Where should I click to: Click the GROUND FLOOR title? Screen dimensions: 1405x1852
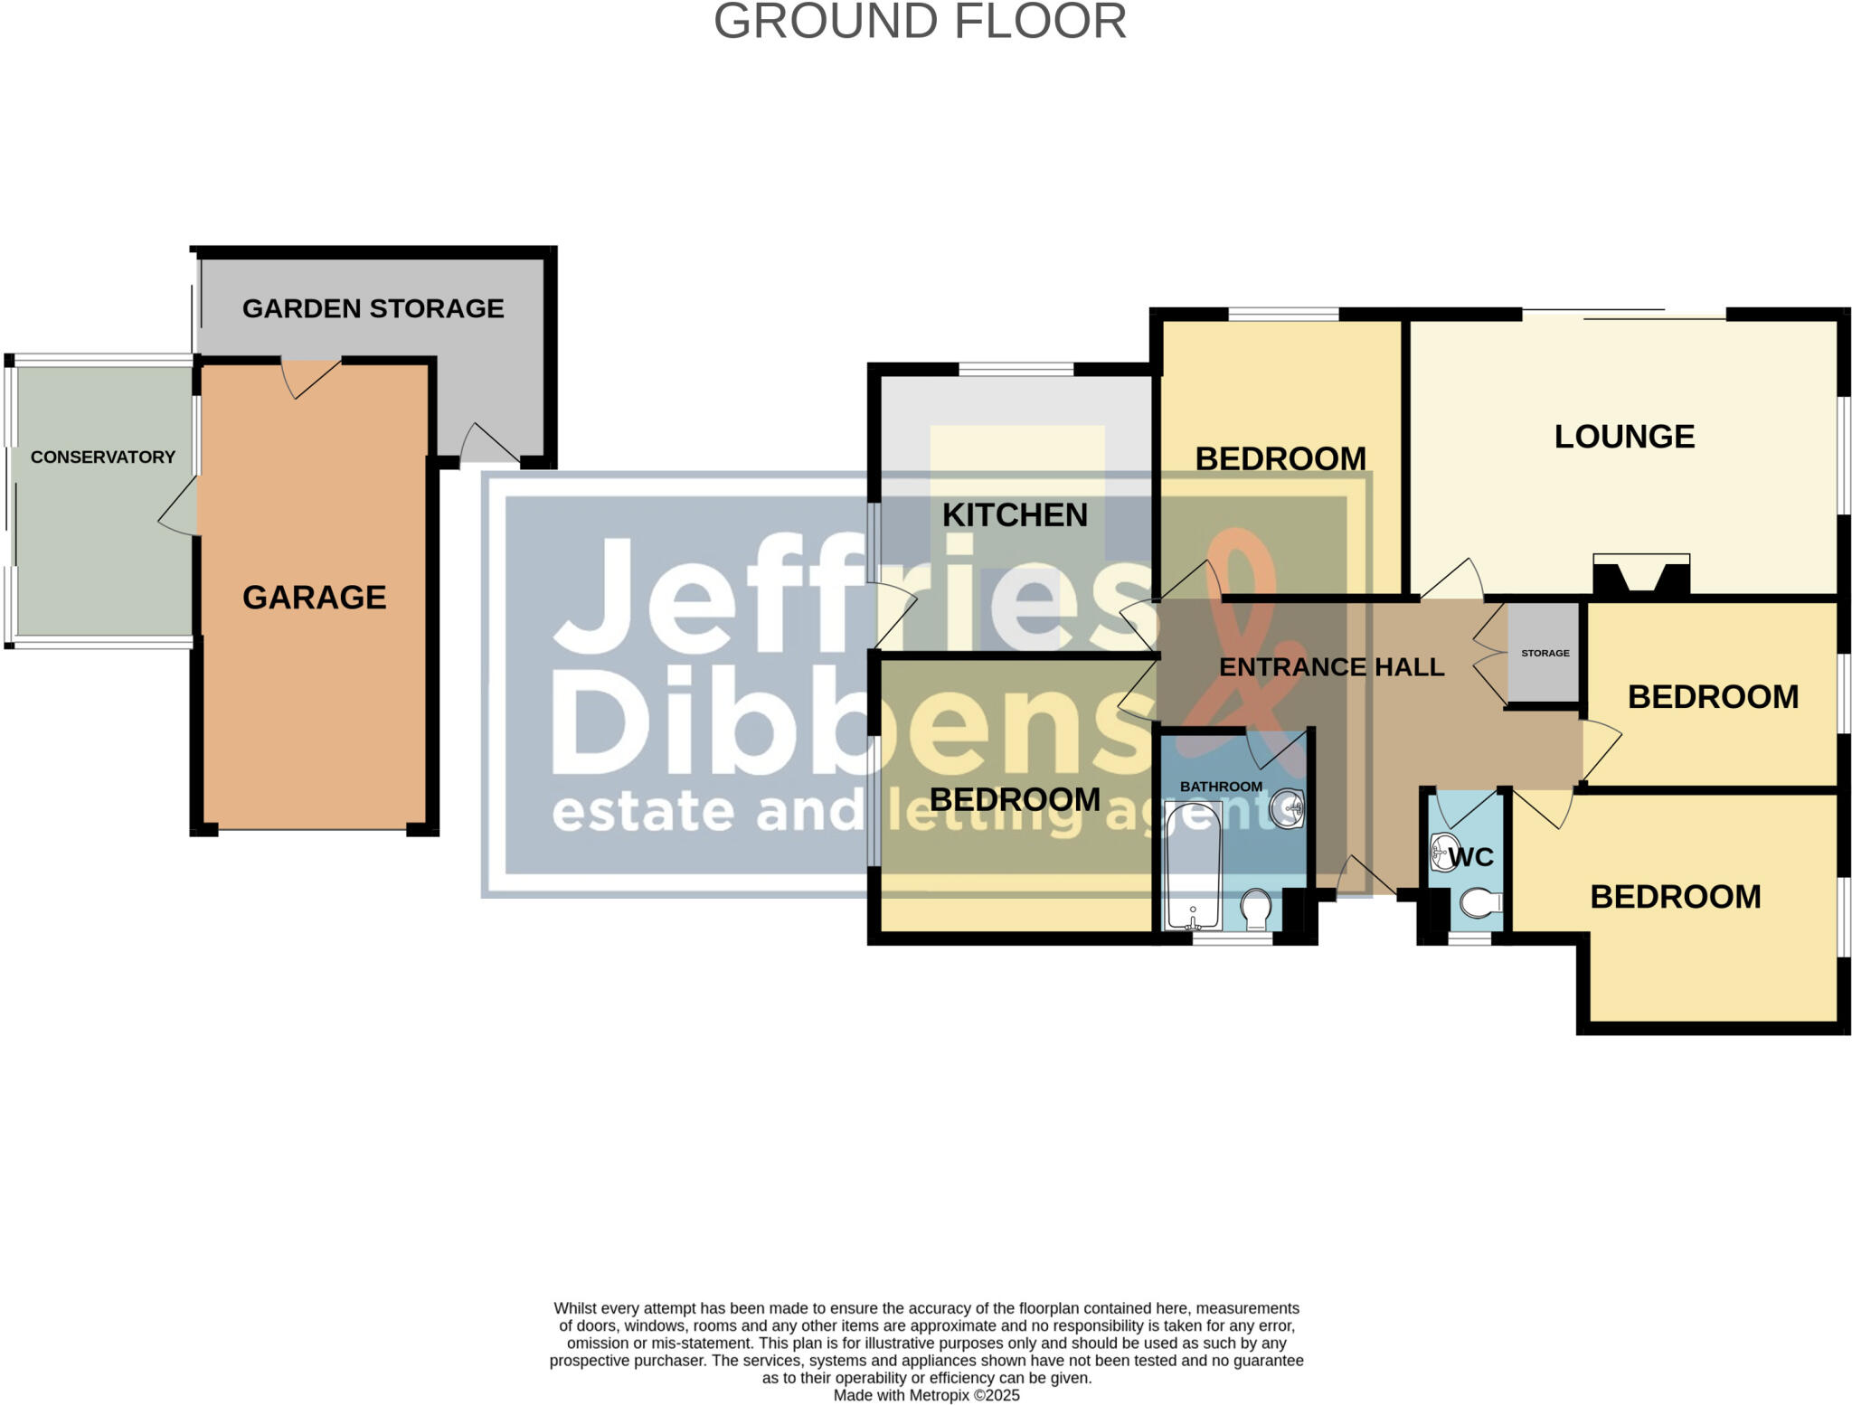pos(920,22)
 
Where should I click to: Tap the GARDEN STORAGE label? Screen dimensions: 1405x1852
pos(373,308)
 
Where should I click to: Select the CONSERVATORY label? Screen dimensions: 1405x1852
pos(103,457)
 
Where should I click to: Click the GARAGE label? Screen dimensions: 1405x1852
pos(314,598)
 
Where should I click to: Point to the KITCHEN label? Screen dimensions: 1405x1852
pos(1015,515)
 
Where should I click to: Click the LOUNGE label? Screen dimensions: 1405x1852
pos(1624,437)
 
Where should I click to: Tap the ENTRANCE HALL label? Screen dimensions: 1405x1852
pos(1331,667)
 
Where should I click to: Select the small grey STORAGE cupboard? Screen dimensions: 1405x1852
pos(1544,653)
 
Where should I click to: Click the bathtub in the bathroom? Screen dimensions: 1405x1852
pos(1193,865)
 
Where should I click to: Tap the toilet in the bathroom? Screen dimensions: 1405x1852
pos(1255,908)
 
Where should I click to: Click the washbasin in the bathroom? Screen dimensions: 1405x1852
pos(1286,807)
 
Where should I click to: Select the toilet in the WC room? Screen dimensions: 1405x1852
pos(1480,902)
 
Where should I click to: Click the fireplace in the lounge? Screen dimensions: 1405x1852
pos(1640,577)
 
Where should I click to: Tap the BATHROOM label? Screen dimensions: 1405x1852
pos(1221,787)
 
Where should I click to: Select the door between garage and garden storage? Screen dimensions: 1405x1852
pos(311,375)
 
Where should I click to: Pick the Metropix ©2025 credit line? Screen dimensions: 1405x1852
pos(926,1395)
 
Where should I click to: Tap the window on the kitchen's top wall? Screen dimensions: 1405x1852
pos(1016,369)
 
